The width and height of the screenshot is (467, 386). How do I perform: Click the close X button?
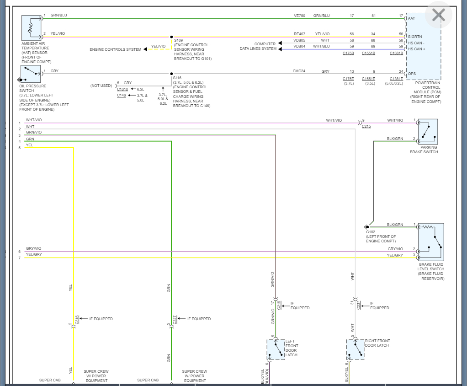[438, 15]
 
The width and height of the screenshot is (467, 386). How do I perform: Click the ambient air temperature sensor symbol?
[31, 28]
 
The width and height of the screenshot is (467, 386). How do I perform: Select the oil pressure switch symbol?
[31, 74]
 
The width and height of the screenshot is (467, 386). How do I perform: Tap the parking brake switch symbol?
[428, 132]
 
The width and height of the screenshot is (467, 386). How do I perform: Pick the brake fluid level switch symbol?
[431, 242]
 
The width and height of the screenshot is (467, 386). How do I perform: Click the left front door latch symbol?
[276, 349]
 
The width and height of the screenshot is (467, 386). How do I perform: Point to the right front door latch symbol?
[355, 349]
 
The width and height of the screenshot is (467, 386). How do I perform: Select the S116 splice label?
[177, 78]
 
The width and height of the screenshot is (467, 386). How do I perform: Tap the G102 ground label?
[370, 232]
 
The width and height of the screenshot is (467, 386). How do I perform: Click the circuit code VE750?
[299, 16]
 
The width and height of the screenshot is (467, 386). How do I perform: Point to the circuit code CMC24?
[299, 71]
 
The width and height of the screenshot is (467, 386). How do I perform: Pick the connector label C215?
[366, 126]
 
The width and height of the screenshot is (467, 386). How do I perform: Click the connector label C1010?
[122, 89]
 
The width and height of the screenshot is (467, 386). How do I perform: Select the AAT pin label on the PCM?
[412, 18]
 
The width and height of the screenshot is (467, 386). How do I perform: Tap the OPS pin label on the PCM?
[412, 74]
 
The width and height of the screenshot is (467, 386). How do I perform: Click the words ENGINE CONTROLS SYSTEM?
[115, 49]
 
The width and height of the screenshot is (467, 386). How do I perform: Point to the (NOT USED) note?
[101, 86]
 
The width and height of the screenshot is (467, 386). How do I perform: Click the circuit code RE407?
[299, 34]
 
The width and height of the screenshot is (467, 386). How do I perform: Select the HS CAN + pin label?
[416, 48]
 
